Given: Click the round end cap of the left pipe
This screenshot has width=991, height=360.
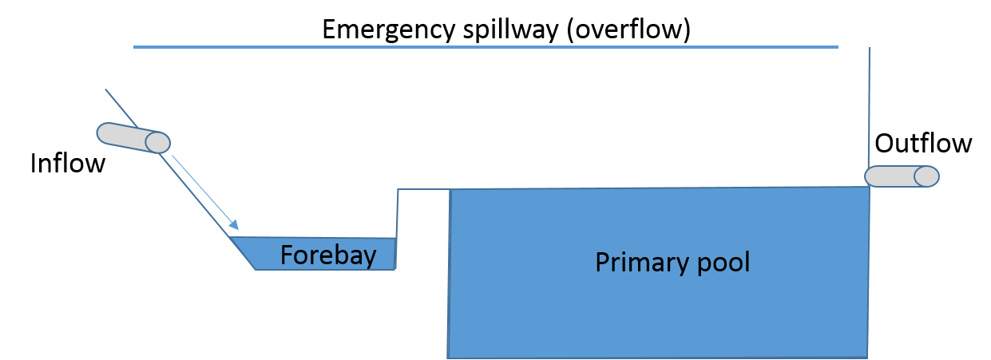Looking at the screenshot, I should [x=157, y=143].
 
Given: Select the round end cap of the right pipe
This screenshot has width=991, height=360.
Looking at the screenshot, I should [x=926, y=176].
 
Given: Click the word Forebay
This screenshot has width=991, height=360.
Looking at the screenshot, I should [x=328, y=255].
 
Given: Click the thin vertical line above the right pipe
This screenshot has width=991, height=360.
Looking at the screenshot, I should [x=869, y=104].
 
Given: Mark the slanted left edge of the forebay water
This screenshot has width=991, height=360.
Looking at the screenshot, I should [x=243, y=254].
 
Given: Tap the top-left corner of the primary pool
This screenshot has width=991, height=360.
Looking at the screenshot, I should [x=450, y=190].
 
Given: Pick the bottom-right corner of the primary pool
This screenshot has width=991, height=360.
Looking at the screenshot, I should [x=867, y=356].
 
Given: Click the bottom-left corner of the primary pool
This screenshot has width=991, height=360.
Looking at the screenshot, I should [x=449, y=356].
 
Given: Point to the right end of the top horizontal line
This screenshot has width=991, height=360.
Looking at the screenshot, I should [x=838, y=47].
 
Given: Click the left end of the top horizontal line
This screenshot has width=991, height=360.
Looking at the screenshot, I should [x=134, y=47].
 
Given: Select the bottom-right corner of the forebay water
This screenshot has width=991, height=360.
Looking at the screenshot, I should [x=394, y=269].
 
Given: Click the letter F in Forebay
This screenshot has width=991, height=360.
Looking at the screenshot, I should [x=287, y=255].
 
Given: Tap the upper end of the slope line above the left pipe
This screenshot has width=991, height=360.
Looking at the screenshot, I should [x=106, y=89].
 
